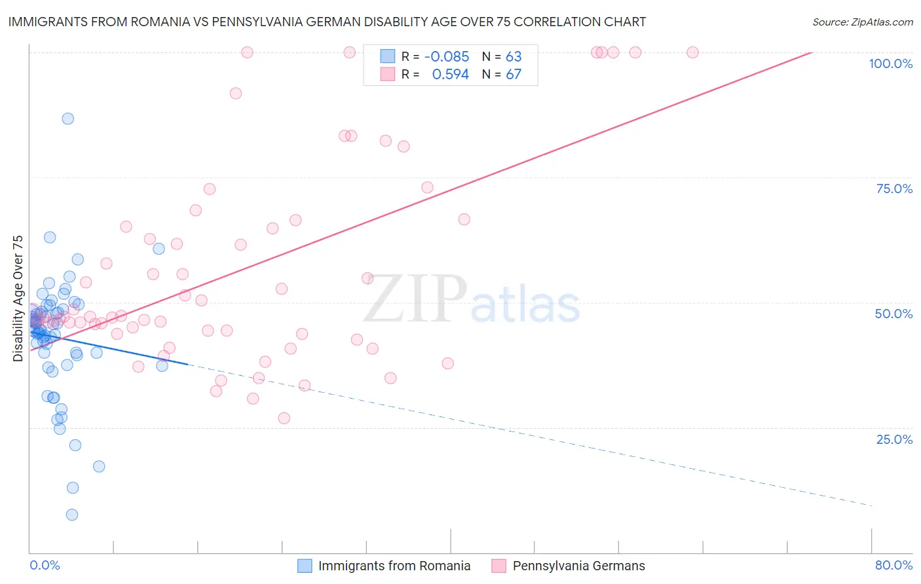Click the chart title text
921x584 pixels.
pyautogui.click(x=327, y=22)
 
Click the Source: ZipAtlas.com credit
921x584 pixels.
pyautogui.click(x=862, y=22)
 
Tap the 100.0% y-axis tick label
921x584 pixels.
pyautogui.click(x=890, y=64)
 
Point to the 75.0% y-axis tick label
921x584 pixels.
pyautogui.click(x=894, y=189)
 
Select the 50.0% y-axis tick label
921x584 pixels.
pyautogui.click(x=893, y=314)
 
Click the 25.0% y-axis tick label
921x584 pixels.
pyautogui.click(x=894, y=439)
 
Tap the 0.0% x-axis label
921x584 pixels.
pyautogui.click(x=45, y=565)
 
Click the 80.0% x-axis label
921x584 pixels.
pyautogui.click(x=893, y=565)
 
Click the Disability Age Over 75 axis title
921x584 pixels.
pyautogui.click(x=18, y=299)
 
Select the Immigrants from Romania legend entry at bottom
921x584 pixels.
pyautogui.click(x=394, y=566)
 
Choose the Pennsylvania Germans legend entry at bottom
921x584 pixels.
pyautogui.click(x=578, y=566)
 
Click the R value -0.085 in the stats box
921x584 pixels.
pyautogui.click(x=447, y=57)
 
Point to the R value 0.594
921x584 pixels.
pyautogui.click(x=450, y=75)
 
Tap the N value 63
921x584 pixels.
pyautogui.click(x=514, y=57)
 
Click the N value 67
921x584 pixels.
pyautogui.click(x=514, y=75)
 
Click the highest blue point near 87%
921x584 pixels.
pyautogui.click(x=67, y=119)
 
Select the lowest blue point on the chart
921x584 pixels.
pyautogui.click(x=72, y=515)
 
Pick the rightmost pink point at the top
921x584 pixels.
pyautogui.click(x=692, y=52)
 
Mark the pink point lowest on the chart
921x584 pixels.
pyautogui.click(x=284, y=418)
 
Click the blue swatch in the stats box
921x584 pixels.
pyautogui.click(x=388, y=56)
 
